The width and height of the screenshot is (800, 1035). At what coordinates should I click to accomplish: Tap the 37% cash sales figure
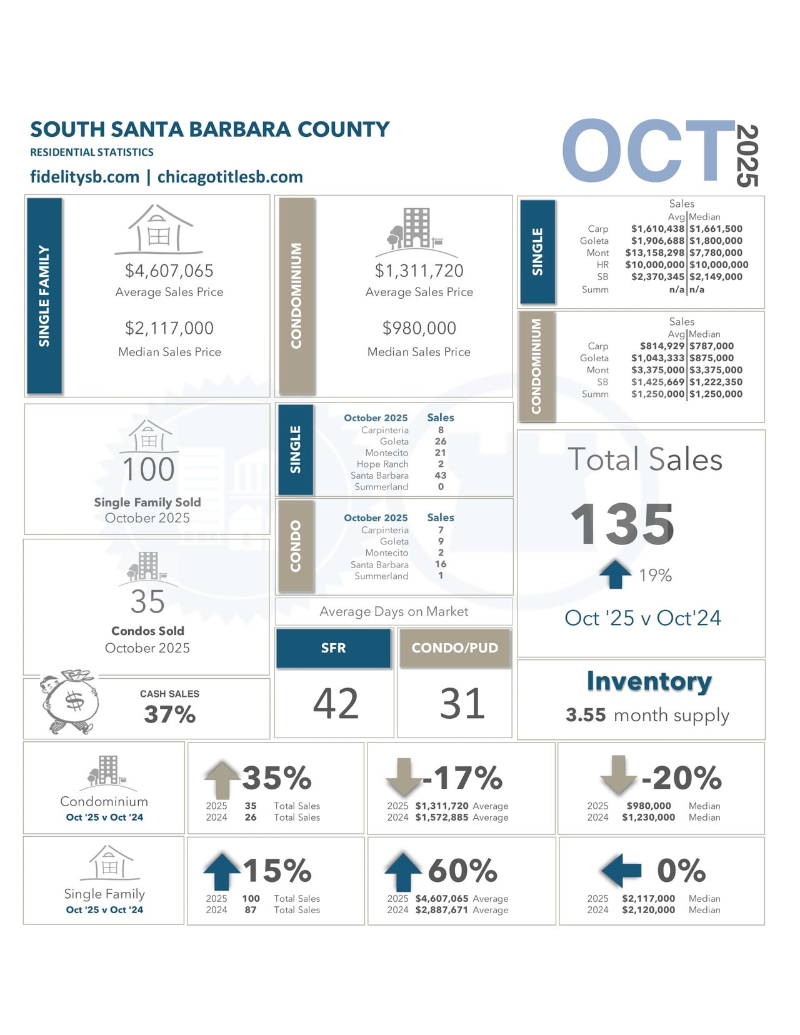[169, 714]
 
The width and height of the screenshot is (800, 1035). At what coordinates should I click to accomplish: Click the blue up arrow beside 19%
[615, 574]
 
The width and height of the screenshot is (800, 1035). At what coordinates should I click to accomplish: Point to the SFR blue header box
[333, 648]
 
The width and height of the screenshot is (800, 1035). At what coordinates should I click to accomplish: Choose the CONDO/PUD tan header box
[454, 648]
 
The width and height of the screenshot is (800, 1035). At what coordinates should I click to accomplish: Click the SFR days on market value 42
[336, 703]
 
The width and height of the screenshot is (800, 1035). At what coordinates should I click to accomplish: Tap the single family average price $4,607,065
[169, 271]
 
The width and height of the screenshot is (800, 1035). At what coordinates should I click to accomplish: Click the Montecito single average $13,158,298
[654, 252]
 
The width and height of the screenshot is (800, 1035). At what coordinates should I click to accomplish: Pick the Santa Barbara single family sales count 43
[440, 476]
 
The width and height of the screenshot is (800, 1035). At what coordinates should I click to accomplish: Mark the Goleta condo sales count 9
[441, 541]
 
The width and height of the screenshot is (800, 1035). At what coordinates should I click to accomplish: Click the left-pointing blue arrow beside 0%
[621, 870]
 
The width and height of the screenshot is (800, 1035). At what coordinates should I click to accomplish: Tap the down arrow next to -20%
[617, 775]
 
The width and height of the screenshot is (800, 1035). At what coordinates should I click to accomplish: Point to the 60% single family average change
[462, 870]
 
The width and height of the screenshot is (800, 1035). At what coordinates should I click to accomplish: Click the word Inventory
[649, 681]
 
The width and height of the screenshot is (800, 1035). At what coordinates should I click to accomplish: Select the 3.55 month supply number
[586, 714]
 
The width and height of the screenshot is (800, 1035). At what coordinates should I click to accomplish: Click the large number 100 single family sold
[148, 469]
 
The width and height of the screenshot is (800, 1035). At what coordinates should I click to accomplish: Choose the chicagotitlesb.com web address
[230, 177]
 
